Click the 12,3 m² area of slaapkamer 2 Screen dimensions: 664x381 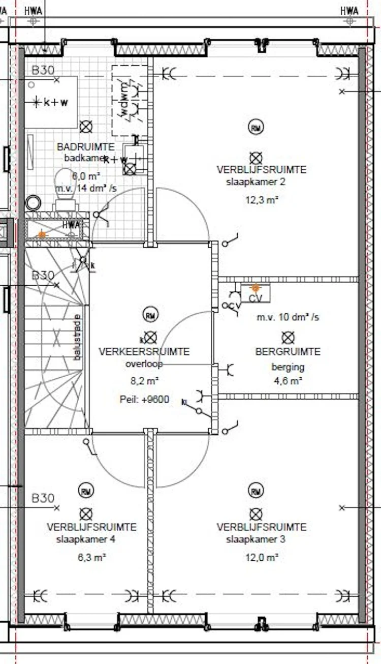point(263,200)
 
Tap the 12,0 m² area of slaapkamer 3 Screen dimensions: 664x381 point(263,558)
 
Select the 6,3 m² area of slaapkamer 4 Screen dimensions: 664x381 point(91,558)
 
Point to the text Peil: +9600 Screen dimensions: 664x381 point(144,399)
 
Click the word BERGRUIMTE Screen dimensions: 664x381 point(288,352)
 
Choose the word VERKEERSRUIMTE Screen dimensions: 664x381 point(144,351)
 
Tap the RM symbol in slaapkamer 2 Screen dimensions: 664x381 point(256,127)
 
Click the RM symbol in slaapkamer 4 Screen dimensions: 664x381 point(86,491)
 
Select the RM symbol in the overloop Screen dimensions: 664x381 point(150,315)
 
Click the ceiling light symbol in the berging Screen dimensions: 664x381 point(288,337)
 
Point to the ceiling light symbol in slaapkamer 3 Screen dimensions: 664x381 point(256,514)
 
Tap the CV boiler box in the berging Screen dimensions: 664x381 point(256,294)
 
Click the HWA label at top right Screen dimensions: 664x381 point(349,11)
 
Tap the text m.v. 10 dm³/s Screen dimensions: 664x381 point(288,317)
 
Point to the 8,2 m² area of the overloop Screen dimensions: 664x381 point(144,380)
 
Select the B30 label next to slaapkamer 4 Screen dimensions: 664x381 point(43,498)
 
